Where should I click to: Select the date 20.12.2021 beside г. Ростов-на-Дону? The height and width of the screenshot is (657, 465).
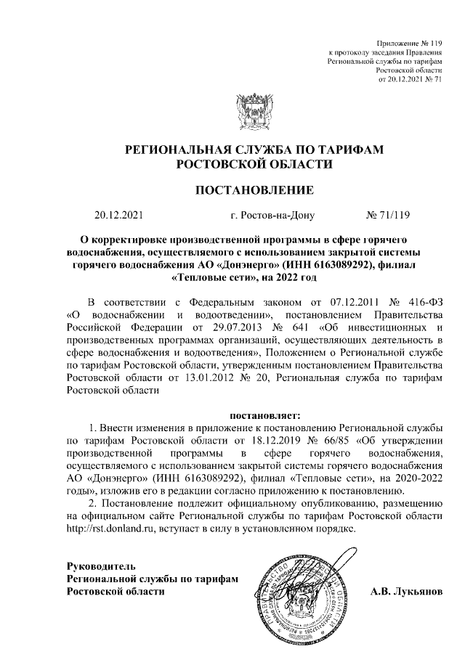120,215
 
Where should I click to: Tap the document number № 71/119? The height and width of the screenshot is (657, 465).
389,215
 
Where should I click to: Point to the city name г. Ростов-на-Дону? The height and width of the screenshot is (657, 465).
270,215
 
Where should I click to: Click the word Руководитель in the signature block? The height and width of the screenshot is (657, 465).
100,565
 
